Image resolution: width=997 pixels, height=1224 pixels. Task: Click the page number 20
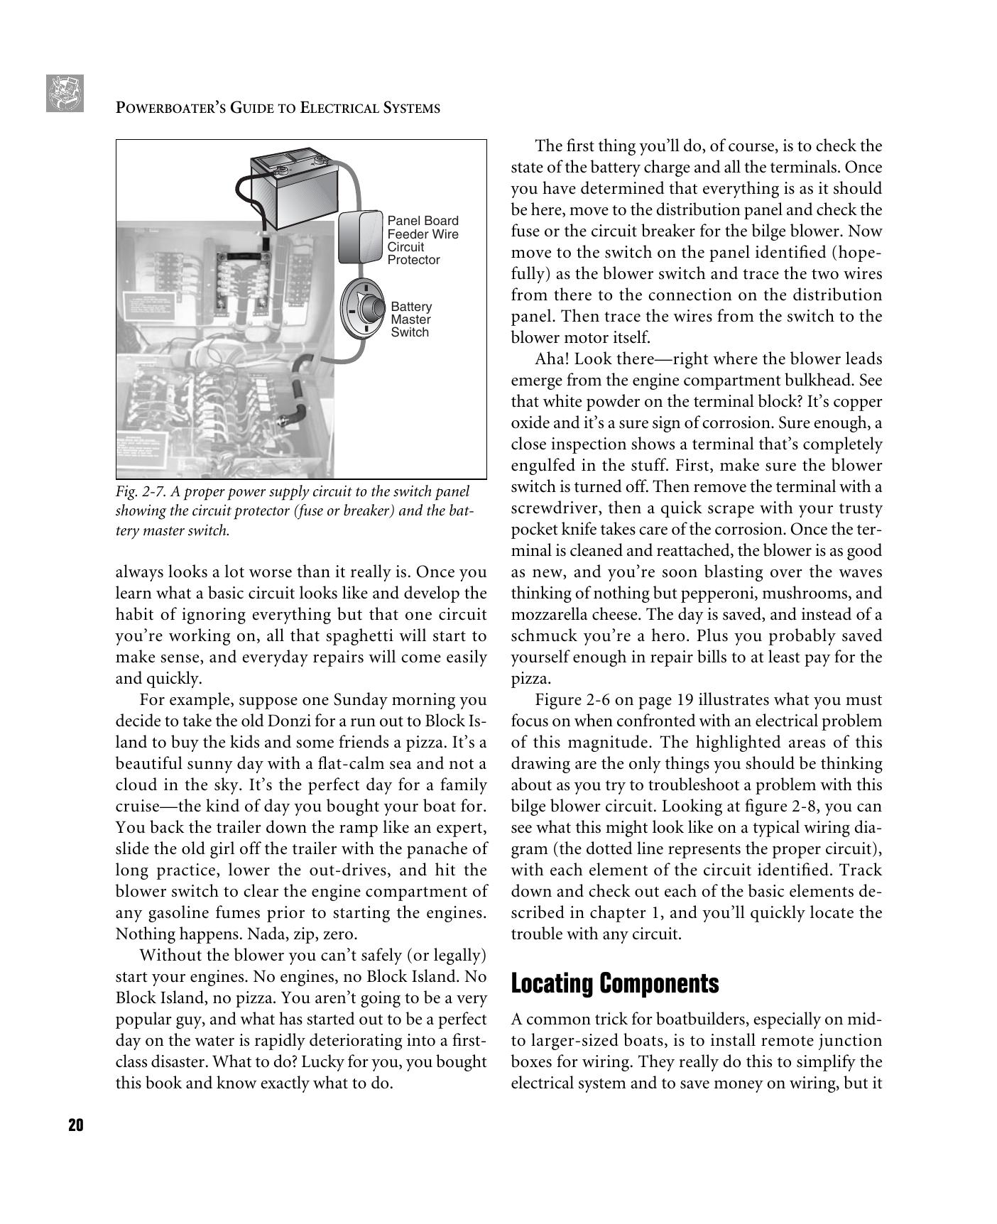[76, 1125]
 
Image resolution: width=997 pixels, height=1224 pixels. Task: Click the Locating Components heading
[614, 984]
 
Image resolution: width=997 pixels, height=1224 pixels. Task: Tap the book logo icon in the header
[65, 93]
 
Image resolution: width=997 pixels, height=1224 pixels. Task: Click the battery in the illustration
[293, 187]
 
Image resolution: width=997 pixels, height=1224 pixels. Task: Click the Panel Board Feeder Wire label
[423, 227]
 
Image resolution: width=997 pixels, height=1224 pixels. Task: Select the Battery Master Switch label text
[411, 319]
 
